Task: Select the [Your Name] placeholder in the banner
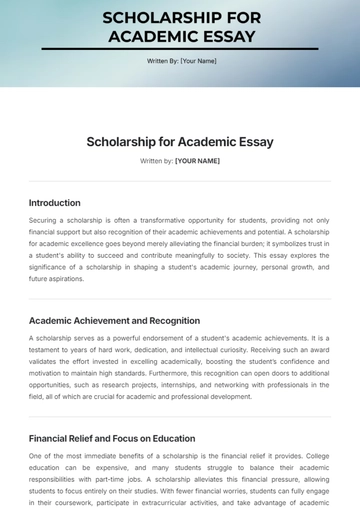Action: pos(198,61)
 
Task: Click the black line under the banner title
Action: pos(180,49)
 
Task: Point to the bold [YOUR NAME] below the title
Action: pos(197,160)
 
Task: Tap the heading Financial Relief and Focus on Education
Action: pos(112,438)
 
